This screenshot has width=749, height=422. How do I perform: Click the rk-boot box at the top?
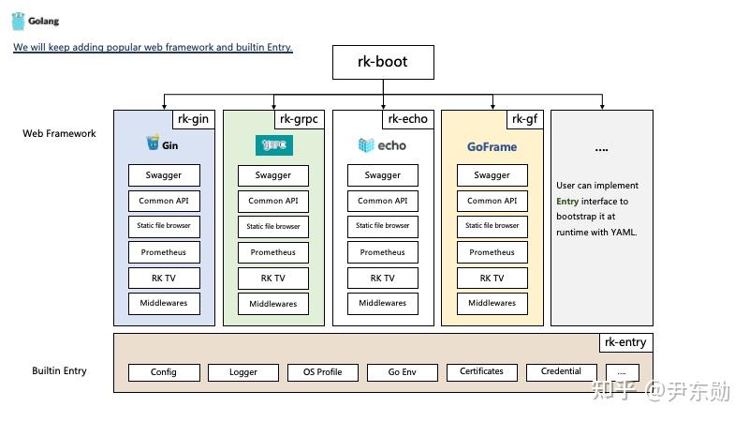tap(383, 63)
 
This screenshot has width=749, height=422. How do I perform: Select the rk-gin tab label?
tap(193, 119)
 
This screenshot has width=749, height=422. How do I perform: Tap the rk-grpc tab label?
tap(300, 119)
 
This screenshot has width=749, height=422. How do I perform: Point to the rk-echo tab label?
tap(408, 119)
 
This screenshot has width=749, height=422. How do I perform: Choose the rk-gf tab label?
tap(524, 119)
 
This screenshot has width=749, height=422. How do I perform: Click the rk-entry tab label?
tap(625, 342)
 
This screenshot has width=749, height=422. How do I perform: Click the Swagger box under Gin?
tap(164, 175)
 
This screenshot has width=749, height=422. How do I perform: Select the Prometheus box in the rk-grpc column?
tap(273, 252)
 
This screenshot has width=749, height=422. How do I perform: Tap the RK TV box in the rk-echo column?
tap(382, 279)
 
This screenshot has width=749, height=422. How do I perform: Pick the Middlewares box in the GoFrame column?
tap(492, 303)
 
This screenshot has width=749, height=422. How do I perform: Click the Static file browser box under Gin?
tap(164, 226)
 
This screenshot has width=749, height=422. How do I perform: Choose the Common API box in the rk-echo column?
tap(382, 201)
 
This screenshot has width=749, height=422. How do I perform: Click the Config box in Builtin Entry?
tap(164, 372)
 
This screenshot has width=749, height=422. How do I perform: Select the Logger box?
tap(243, 372)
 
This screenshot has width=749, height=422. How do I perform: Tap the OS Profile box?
tap(323, 372)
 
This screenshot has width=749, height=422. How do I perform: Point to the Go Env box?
tap(403, 372)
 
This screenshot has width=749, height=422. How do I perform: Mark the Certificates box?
tap(481, 372)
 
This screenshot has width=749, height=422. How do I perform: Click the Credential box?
tap(561, 372)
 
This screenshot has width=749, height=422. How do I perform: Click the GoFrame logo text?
tap(492, 147)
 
